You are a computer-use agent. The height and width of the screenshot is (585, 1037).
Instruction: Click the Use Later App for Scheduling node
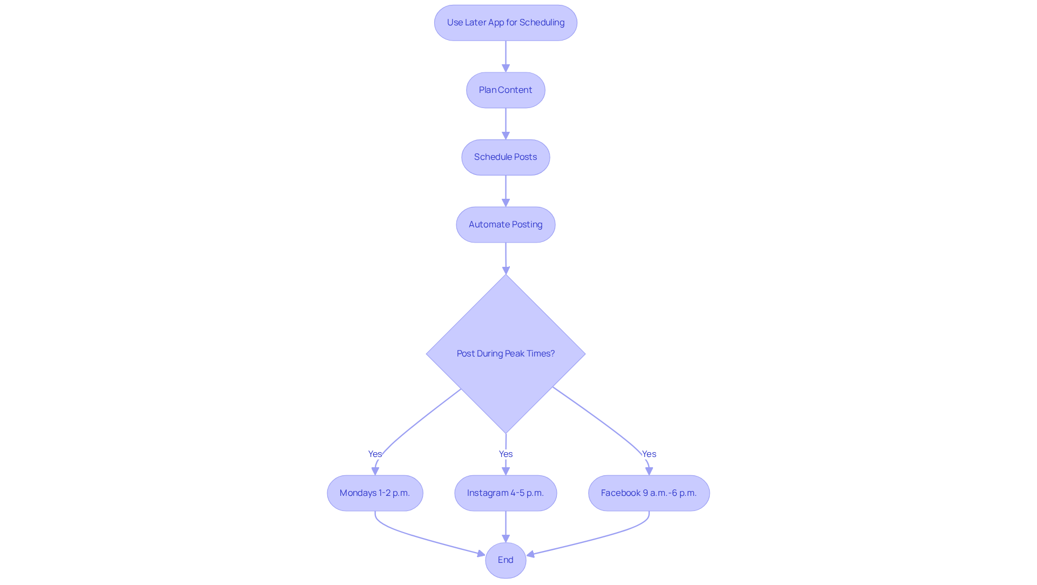[506, 23]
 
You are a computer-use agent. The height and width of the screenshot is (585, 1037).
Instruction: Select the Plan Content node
[506, 90]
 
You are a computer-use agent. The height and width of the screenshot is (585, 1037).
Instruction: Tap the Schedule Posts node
[506, 157]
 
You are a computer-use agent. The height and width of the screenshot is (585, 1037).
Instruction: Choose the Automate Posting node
[506, 225]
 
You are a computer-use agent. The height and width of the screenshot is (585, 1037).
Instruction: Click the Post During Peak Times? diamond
[506, 354]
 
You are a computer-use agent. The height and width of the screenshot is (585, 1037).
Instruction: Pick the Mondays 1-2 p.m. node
[375, 493]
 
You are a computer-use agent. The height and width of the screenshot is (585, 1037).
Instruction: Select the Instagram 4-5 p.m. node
[506, 493]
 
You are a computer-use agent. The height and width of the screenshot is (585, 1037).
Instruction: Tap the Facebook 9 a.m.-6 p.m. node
[649, 493]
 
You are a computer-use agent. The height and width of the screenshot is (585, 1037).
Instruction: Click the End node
[506, 560]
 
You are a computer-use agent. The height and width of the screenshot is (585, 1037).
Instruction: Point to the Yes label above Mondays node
[375, 454]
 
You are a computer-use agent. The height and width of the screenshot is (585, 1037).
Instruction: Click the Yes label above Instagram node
[506, 454]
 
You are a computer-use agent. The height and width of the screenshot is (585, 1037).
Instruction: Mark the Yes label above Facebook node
[649, 454]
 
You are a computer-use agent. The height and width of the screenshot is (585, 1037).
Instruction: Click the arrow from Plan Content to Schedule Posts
[506, 124]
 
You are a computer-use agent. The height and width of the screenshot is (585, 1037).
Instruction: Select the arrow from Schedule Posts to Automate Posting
[506, 191]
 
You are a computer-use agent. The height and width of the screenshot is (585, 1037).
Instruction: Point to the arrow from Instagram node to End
[506, 527]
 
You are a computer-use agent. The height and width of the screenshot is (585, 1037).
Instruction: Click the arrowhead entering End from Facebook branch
[531, 554]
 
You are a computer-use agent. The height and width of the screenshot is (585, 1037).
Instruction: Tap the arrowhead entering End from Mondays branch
[481, 554]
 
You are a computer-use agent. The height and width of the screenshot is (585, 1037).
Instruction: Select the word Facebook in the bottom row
[621, 493]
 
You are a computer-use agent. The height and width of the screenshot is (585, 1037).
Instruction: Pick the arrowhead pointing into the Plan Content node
[506, 68]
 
